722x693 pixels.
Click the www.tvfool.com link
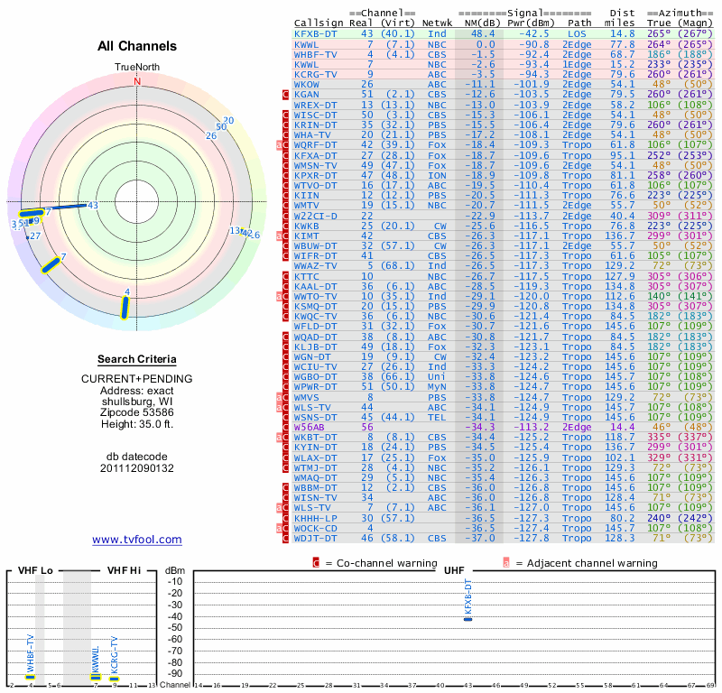click(x=137, y=540)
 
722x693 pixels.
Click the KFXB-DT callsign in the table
click(x=315, y=32)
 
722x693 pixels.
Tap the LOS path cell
click(x=576, y=32)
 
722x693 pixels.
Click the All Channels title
click(x=137, y=46)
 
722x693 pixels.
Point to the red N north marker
click(x=137, y=81)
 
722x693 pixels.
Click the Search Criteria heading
click(x=137, y=359)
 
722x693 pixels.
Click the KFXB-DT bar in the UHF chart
click(x=467, y=618)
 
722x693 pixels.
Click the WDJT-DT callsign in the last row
click(x=315, y=538)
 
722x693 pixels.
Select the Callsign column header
click(x=319, y=22)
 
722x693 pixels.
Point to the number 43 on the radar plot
click(x=92, y=206)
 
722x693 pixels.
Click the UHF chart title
click(x=454, y=570)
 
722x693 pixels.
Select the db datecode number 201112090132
click(x=137, y=468)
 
